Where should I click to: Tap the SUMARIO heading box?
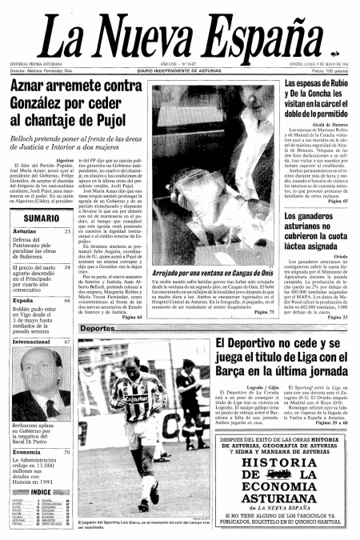41,218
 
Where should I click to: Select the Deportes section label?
97,329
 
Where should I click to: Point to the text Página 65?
336,201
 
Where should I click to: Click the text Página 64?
132,318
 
